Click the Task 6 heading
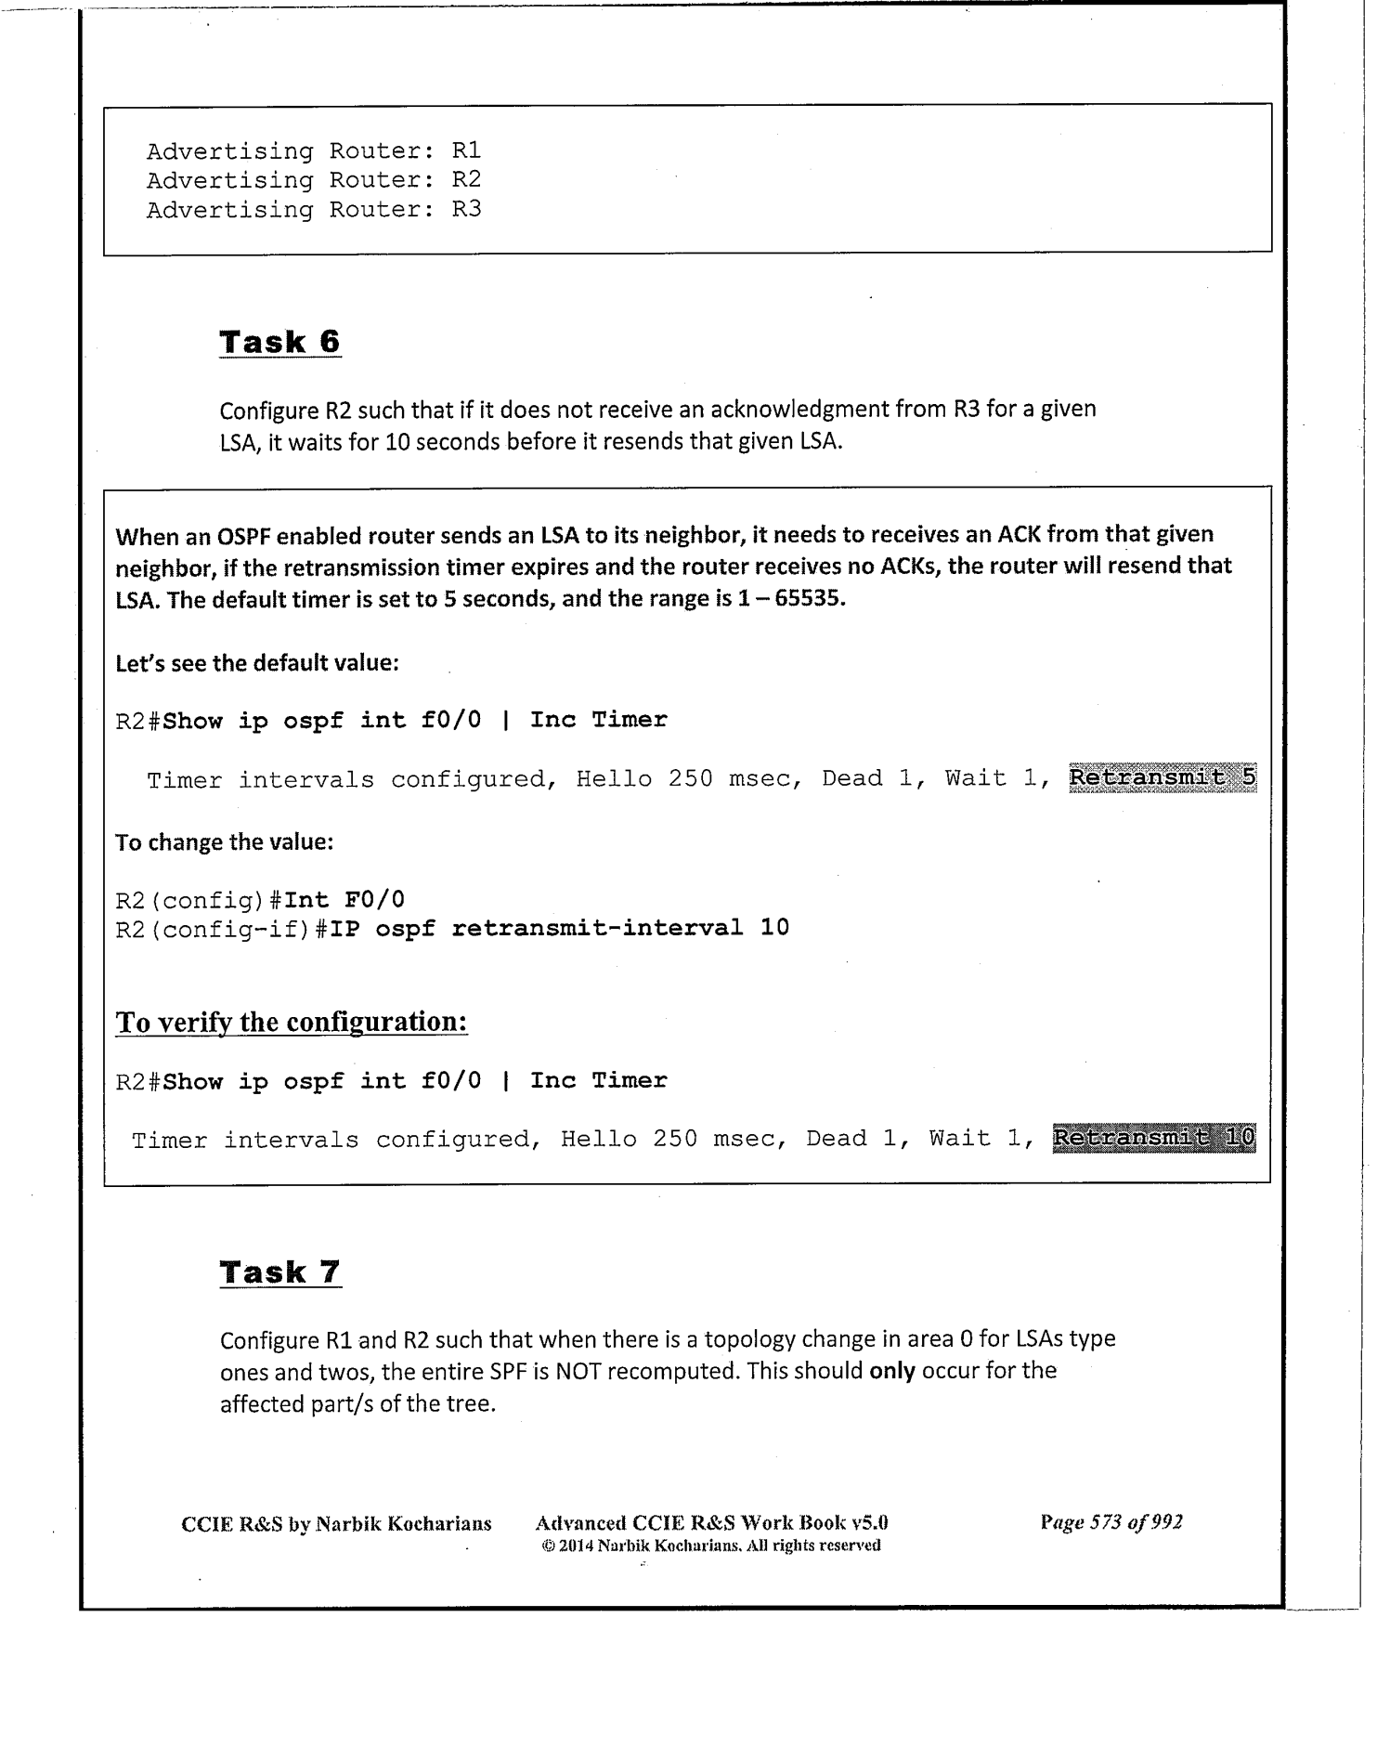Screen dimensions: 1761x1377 tap(279, 342)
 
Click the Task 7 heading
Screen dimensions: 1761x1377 tap(279, 1272)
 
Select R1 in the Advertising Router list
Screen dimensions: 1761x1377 tap(466, 150)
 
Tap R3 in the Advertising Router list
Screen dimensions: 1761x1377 tap(466, 209)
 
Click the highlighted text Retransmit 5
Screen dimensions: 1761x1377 tap(1162, 778)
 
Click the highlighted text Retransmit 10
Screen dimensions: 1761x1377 tap(1153, 1138)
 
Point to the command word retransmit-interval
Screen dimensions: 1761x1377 tap(596, 928)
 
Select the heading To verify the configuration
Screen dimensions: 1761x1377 tap(291, 1022)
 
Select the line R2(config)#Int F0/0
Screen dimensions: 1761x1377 tap(260, 899)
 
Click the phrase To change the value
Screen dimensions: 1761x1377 tap(224, 842)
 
